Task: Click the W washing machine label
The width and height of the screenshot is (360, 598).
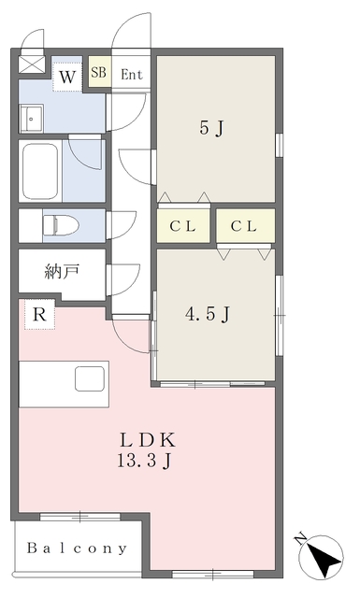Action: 67,78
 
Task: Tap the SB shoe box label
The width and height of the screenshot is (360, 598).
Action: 98,72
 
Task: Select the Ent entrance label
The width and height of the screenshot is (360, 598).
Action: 131,75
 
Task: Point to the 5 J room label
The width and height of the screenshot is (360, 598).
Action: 210,128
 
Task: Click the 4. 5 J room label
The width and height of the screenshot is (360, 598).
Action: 208,314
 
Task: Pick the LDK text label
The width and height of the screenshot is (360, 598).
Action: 148,440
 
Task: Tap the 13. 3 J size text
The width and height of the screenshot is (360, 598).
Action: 144,462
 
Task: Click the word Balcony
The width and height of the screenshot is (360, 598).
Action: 77,548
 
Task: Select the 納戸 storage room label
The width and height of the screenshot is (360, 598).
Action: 62,272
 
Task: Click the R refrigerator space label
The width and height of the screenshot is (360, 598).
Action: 39,314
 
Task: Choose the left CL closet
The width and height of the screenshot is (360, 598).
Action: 183,226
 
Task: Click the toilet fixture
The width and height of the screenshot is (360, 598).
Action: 61,225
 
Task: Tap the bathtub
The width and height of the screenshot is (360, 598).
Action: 40,171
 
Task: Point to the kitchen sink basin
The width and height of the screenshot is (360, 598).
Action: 90,378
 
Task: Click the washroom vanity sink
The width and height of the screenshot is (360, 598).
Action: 31,119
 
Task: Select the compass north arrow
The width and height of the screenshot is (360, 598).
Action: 324,557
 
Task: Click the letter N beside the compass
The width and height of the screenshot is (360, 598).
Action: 301,538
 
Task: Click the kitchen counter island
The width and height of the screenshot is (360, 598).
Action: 65,384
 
